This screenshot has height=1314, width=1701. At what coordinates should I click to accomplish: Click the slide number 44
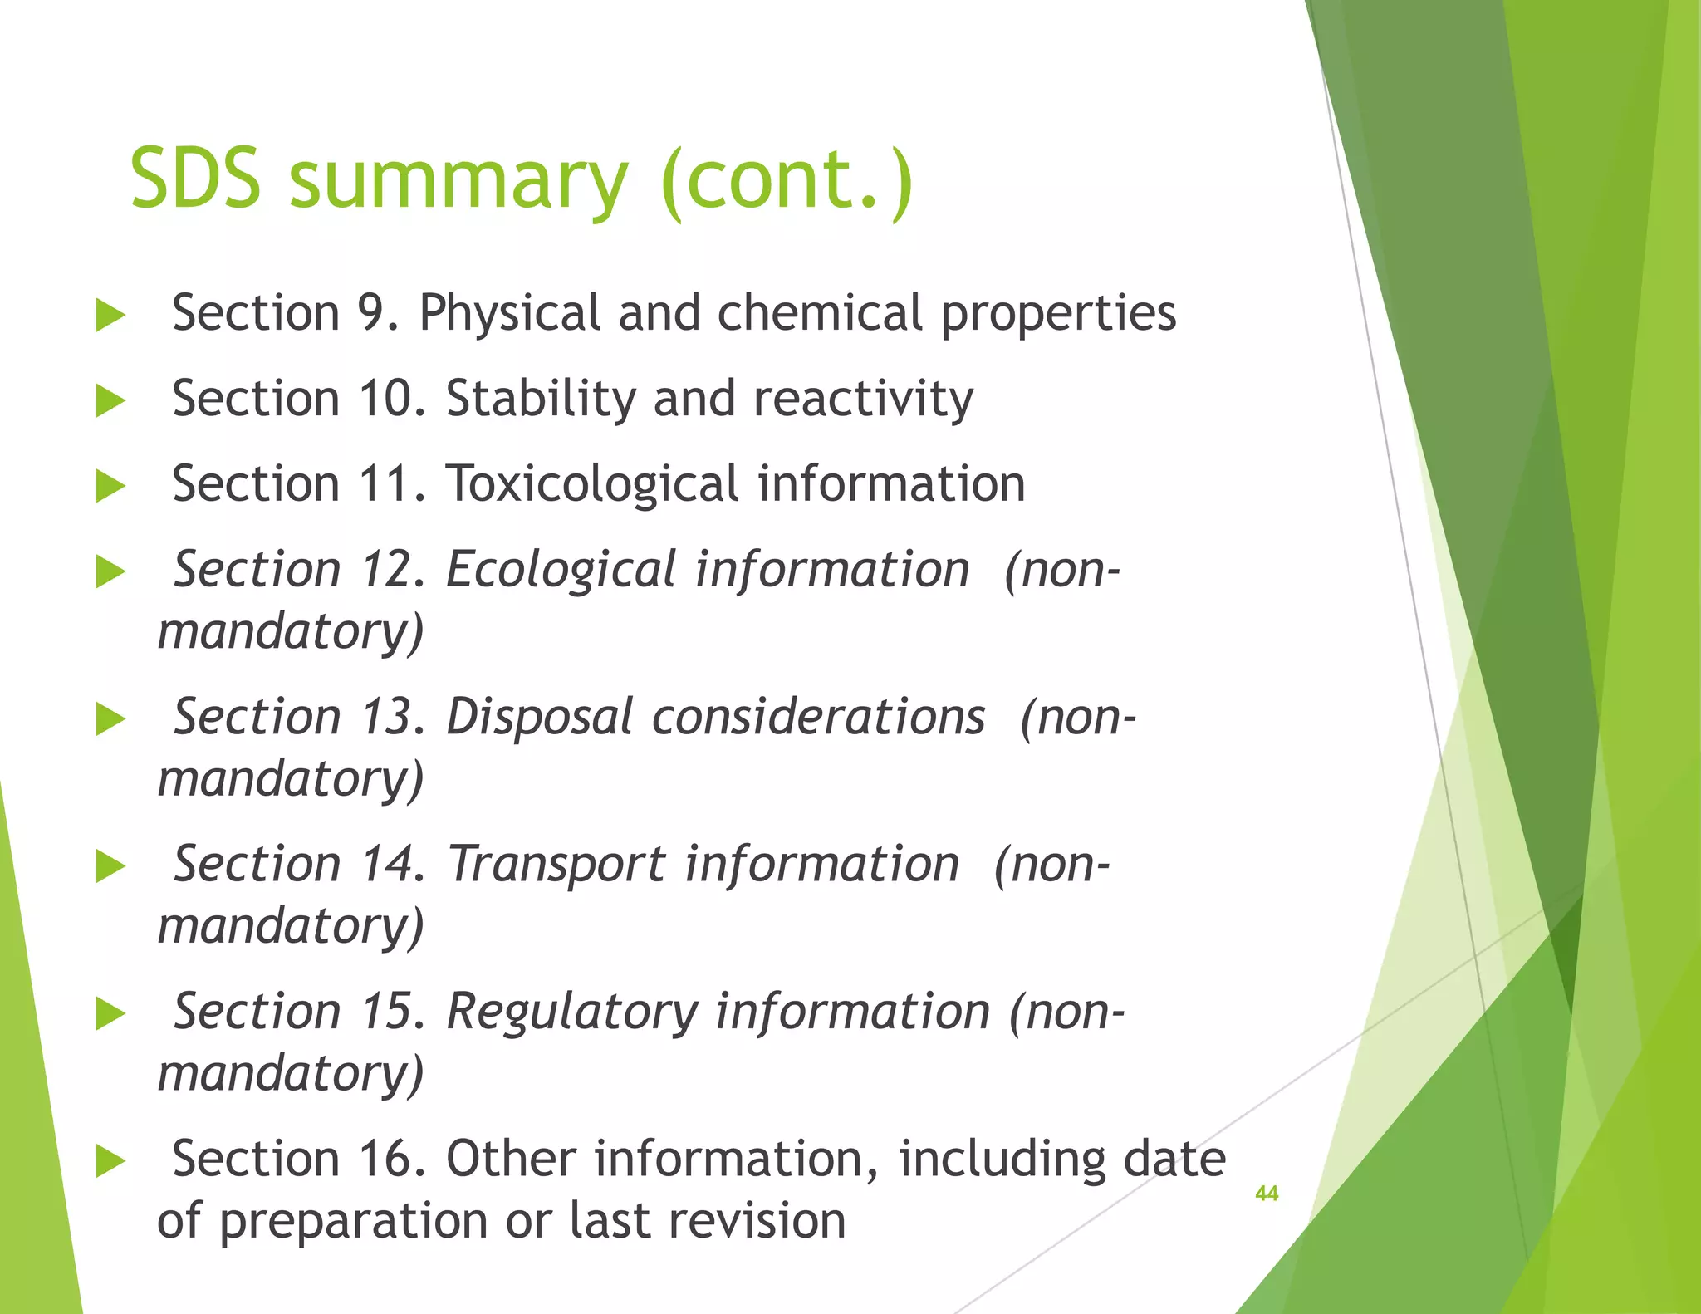coord(1266,1194)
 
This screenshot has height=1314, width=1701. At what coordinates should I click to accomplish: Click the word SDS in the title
coord(196,179)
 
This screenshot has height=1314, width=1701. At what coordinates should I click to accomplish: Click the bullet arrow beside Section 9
coord(110,316)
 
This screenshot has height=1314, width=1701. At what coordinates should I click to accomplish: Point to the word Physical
coord(508,314)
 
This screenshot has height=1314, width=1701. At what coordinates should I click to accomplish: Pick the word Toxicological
coord(591,485)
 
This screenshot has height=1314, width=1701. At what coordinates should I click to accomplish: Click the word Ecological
coord(561,571)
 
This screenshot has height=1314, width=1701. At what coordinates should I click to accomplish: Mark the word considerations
coord(818,718)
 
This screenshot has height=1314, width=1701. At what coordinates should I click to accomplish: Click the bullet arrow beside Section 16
coord(110,1161)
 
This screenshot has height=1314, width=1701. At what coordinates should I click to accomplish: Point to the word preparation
coord(354,1223)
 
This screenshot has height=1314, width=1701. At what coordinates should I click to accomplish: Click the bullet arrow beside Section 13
coord(110,719)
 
